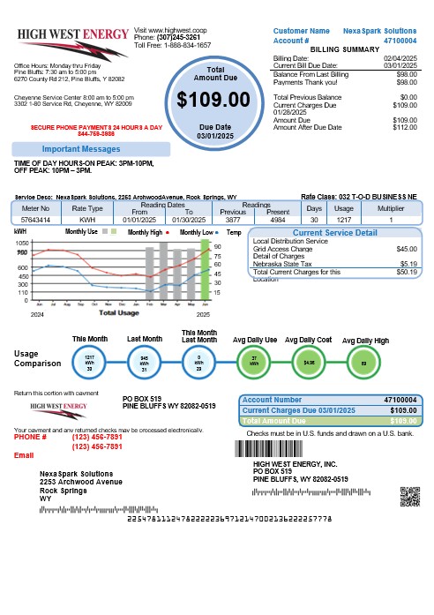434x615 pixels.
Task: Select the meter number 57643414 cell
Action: pos(36,218)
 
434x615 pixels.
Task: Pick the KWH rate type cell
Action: pos(86,218)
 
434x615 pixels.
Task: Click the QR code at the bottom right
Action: pos(408,495)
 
